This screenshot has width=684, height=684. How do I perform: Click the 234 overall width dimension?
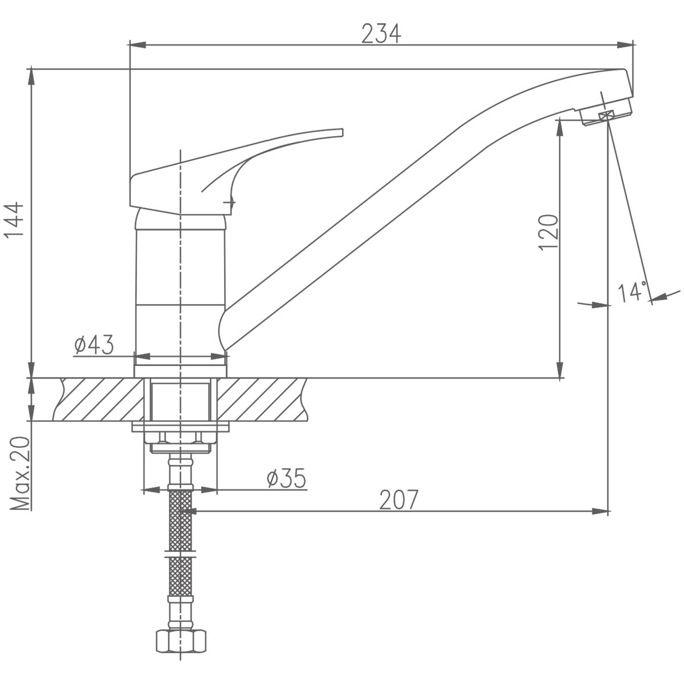click(x=381, y=34)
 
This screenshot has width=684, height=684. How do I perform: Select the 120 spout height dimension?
click(x=548, y=232)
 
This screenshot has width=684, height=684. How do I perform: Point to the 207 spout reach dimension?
click(x=398, y=499)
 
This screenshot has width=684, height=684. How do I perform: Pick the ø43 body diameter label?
click(x=94, y=345)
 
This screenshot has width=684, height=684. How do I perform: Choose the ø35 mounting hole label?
click(x=286, y=478)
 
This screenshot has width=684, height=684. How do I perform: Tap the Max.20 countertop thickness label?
click(x=19, y=473)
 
